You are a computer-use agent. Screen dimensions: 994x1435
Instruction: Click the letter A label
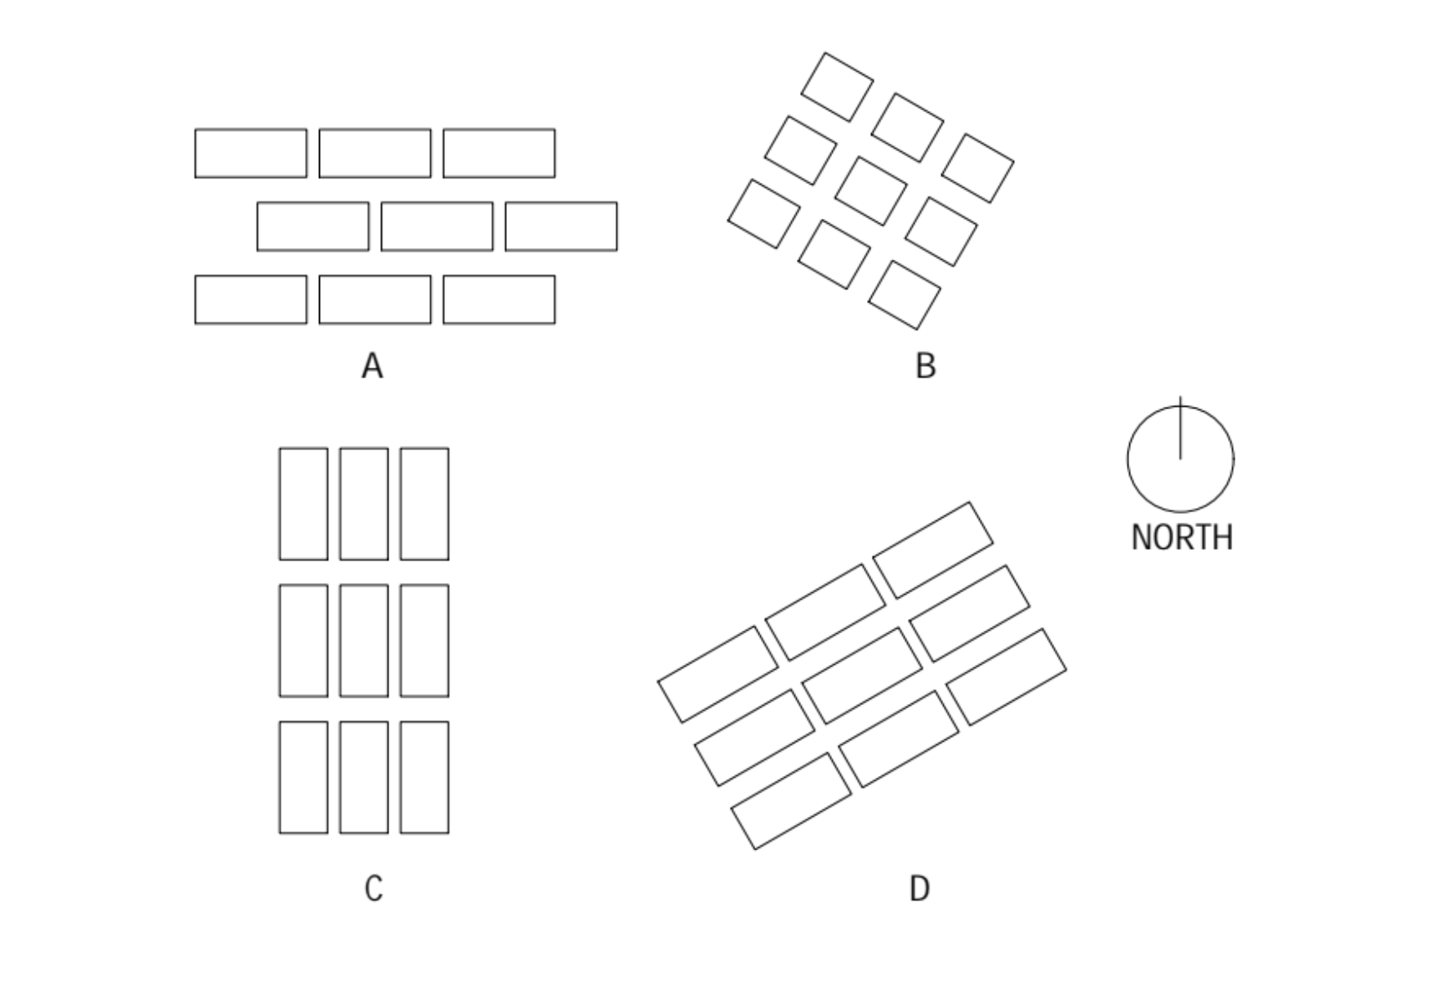coord(372,366)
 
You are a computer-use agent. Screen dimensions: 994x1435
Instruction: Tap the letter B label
coord(925,366)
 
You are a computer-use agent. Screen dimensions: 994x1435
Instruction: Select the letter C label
coord(373,888)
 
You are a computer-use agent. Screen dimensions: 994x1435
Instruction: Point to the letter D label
coord(919,888)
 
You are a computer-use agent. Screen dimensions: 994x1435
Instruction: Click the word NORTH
coord(1181,537)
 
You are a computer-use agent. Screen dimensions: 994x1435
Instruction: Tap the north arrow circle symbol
coord(1180,459)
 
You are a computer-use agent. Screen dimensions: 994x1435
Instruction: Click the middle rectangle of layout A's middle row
coord(437,226)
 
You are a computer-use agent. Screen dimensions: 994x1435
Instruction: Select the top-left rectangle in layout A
coord(251,153)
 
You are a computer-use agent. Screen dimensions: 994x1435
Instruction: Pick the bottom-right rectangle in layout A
coord(499,299)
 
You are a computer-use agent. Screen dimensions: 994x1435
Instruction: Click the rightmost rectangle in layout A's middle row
coord(561,226)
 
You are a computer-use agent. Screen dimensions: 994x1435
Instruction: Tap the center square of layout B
coord(870,190)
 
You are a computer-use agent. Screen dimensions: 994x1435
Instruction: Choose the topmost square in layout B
coord(837,87)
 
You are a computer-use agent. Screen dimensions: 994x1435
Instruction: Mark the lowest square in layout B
coord(904,295)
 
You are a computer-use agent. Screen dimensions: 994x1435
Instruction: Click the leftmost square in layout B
coord(763,213)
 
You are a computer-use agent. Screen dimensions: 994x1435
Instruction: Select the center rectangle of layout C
coord(364,641)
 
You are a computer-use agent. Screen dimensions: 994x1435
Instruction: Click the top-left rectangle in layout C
coord(303,504)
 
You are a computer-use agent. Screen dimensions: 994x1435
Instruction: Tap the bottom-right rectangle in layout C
coord(424,777)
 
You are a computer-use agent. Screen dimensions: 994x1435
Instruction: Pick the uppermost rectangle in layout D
coord(933,550)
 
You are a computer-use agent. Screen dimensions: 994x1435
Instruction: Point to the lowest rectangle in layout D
coord(791,801)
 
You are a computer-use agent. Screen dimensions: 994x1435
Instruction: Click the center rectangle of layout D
coord(862,675)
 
